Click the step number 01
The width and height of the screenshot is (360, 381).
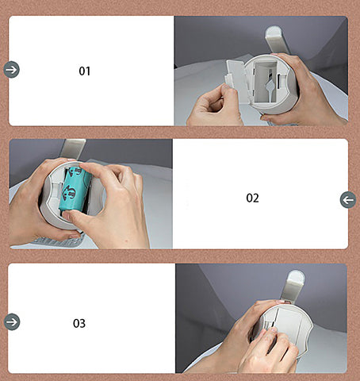click(x=85, y=71)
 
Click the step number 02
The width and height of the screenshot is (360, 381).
click(x=252, y=198)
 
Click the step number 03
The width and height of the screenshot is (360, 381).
click(x=79, y=323)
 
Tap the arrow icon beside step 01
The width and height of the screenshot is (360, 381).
click(x=12, y=70)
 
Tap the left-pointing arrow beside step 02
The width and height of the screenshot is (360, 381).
click(x=348, y=200)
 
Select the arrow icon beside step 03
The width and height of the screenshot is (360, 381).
click(x=12, y=321)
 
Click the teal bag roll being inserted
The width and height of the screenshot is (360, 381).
click(x=75, y=188)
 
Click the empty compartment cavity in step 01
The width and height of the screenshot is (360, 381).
click(x=265, y=82)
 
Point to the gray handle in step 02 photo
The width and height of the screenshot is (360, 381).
click(x=72, y=148)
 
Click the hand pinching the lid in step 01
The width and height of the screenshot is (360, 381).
click(x=215, y=106)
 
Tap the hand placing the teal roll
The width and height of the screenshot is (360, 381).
click(x=111, y=201)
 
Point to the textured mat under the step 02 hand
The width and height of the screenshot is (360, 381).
click(x=57, y=241)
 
